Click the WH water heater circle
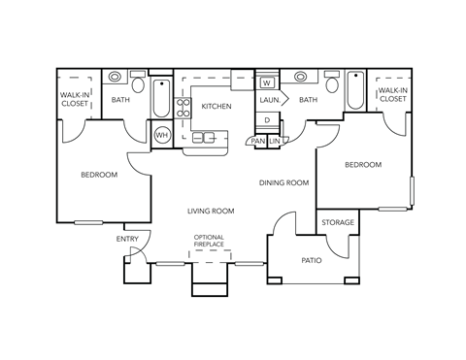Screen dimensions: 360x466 [162, 135]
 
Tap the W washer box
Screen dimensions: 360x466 [266, 83]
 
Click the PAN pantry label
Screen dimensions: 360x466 [257, 141]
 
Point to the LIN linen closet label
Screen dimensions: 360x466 [275, 141]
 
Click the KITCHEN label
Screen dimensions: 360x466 [216, 106]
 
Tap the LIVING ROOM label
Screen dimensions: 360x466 [211, 211]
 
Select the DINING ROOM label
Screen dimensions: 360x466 [283, 182]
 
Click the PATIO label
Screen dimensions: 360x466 [311, 260]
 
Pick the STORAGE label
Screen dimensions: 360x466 [338, 223]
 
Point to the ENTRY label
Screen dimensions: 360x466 [127, 239]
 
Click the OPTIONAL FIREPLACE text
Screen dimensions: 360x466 [210, 240]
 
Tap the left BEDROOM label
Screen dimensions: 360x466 [99, 175]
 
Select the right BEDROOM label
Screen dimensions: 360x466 [363, 165]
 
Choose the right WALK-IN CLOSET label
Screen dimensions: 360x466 [392, 94]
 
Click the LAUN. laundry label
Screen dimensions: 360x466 [269, 99]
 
